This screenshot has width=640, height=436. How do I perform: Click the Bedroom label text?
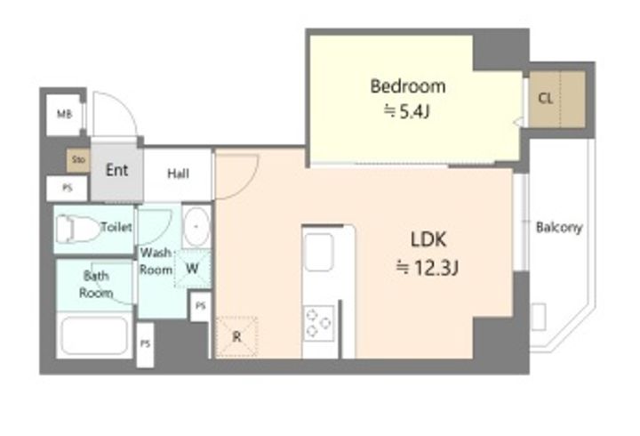point(407,86)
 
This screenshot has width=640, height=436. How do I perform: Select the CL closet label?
point(546,98)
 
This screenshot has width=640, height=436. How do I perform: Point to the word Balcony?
point(559,227)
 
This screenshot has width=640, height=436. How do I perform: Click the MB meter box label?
point(64,114)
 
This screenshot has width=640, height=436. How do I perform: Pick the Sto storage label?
point(78,159)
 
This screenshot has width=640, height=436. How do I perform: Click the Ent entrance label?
point(116,170)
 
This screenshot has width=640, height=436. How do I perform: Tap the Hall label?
point(179,174)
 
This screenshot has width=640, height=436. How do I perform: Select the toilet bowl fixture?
point(77,229)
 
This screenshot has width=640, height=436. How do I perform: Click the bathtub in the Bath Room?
point(94,335)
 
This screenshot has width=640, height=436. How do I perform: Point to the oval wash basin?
point(196,227)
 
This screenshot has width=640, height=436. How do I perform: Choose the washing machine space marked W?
point(192,269)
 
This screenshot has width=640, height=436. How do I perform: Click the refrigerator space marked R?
point(236,336)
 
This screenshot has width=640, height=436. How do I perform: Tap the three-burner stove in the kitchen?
point(319,323)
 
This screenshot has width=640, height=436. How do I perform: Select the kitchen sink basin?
point(319,252)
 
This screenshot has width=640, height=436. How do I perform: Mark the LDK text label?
point(428,240)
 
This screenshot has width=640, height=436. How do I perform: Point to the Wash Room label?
point(156,262)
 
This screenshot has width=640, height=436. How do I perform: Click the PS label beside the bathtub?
point(145,344)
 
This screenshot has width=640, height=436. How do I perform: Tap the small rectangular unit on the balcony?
point(539,316)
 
